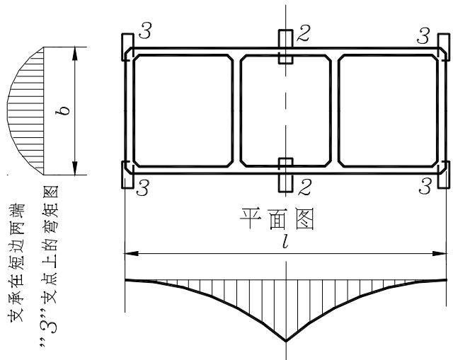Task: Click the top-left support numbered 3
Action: pyautogui.click(x=127, y=47)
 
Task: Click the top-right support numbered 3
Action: pyautogui.click(x=444, y=47)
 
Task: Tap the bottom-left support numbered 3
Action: pyautogui.click(x=127, y=175)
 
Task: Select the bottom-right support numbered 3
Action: pyautogui.click(x=444, y=175)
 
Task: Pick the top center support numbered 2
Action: pyautogui.click(x=286, y=47)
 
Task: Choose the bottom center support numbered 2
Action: pyautogui.click(x=286, y=175)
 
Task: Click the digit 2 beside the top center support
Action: pyautogui.click(x=304, y=33)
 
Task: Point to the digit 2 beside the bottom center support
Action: pyautogui.click(x=304, y=187)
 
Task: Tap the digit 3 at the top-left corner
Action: pyautogui.click(x=144, y=30)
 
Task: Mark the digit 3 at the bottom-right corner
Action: pyautogui.click(x=425, y=186)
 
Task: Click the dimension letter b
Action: pyautogui.click(x=63, y=110)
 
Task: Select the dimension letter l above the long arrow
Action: pyautogui.click(x=285, y=241)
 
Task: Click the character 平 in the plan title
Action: pyautogui.click(x=250, y=219)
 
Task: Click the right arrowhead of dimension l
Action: pyautogui.click(x=440, y=253)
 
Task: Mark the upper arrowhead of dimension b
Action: pyautogui.click(x=75, y=53)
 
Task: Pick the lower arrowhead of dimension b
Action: pyautogui.click(x=75, y=168)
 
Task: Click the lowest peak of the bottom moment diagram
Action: pyautogui.click(x=286, y=342)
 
